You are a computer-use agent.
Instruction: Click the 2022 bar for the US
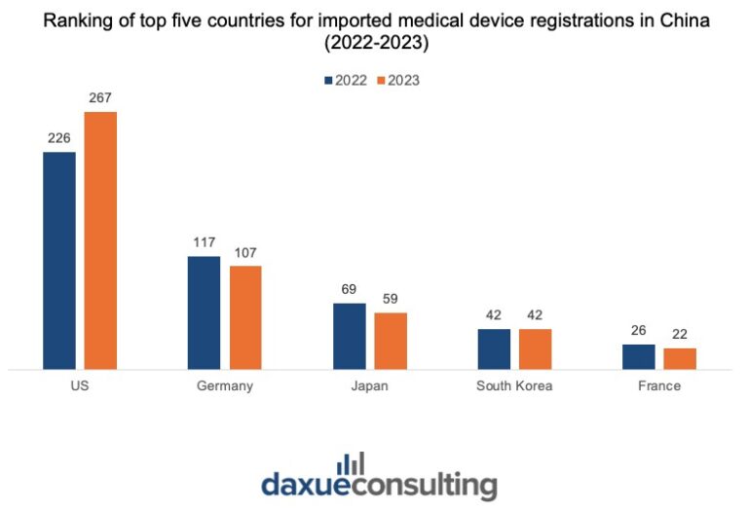click(59, 261)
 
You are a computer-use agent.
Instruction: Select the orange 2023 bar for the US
click(100, 241)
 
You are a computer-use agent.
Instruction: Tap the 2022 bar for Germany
click(205, 313)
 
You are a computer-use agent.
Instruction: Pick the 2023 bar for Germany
click(245, 317)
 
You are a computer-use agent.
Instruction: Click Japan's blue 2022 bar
click(350, 337)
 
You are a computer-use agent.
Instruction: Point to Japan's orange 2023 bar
click(391, 342)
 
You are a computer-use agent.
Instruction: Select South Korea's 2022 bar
click(494, 349)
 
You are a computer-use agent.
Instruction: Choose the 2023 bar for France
click(680, 359)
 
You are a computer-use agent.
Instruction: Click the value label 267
click(100, 98)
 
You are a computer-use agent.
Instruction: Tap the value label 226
click(59, 138)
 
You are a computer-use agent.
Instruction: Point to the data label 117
click(205, 243)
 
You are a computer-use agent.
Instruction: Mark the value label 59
click(391, 299)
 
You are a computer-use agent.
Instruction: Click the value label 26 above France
click(639, 331)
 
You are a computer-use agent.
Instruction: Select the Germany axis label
click(225, 386)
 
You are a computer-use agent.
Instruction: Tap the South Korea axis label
click(514, 386)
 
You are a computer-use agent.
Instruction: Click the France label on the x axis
click(659, 386)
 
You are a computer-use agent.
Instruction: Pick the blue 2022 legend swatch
click(328, 81)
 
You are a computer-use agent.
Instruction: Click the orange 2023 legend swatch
click(381, 81)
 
